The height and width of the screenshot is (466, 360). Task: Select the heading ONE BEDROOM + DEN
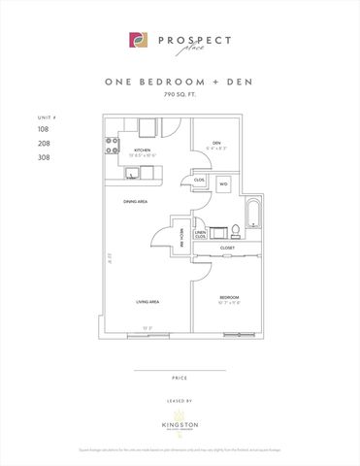[x=180, y=83]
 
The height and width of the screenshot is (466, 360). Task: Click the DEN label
[x=217, y=146]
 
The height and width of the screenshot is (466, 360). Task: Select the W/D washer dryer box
[x=222, y=183]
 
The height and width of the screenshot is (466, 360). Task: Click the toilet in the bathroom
[x=234, y=231]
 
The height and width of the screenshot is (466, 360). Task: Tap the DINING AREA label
[x=135, y=202]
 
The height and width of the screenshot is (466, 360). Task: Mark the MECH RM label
[x=180, y=232]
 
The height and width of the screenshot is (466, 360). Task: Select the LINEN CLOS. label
[x=200, y=234]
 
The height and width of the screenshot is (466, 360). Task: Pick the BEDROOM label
[x=229, y=296]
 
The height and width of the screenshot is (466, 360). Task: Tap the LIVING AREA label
[x=147, y=302]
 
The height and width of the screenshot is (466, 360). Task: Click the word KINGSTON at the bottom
[x=180, y=423]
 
